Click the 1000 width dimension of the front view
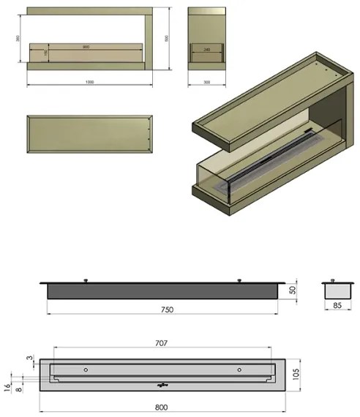[89, 81]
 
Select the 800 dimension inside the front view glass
[86, 47]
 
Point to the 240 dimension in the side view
[207, 49]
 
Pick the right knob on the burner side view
[239, 279]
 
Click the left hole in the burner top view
[86, 369]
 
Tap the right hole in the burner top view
[239, 369]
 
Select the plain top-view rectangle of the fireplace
[89, 134]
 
